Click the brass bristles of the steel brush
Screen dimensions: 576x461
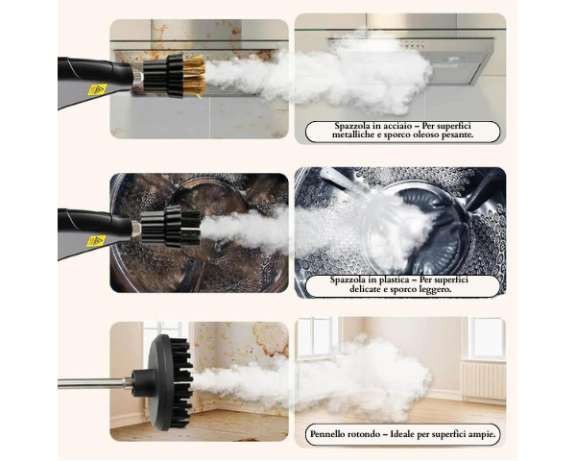(194, 76)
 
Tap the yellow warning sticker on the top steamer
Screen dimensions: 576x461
(97, 89)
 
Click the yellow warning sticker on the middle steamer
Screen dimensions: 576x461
(96, 241)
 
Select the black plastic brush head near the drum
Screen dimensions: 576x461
(171, 226)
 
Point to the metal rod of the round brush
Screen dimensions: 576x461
(95, 382)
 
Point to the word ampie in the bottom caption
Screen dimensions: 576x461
(481, 434)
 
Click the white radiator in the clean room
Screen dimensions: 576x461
(483, 380)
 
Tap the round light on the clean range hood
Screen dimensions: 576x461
(449, 60)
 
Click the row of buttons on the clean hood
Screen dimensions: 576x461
(412, 45)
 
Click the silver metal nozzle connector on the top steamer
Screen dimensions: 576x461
(137, 77)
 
